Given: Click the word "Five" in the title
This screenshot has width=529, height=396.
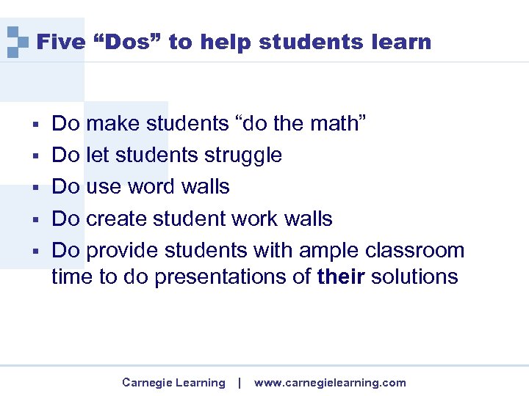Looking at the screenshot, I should tap(61, 42).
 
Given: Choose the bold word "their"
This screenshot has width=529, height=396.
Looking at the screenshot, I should tap(341, 277).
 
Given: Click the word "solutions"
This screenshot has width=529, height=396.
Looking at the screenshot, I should tap(414, 277).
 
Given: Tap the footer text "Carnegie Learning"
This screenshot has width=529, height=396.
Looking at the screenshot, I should tap(173, 382).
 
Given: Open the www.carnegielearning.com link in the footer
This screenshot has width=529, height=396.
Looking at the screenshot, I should tap(330, 382).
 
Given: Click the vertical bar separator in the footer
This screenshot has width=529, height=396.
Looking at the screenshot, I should tap(240, 382).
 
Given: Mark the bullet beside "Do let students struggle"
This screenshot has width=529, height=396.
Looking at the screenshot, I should tap(35, 155).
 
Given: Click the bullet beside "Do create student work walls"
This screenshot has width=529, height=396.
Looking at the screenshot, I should tap(35, 219).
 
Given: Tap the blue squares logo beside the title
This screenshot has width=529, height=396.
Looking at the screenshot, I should tap(17, 42).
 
